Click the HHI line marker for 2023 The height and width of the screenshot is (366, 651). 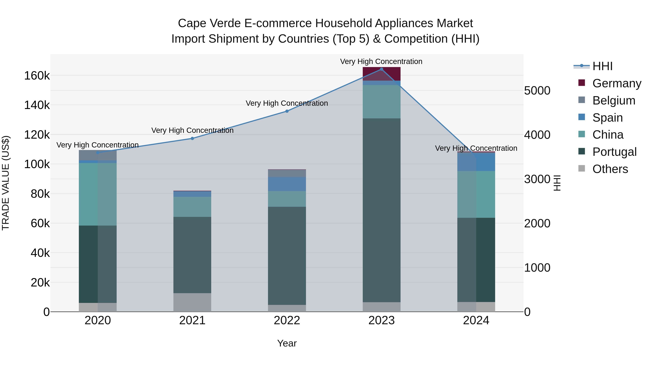click(x=381, y=69)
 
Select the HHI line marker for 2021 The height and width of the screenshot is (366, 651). click(x=192, y=138)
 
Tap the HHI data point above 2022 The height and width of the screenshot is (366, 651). click(x=287, y=111)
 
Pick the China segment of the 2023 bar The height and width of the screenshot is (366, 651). click(x=381, y=102)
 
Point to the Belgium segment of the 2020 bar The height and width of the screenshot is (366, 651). click(x=98, y=155)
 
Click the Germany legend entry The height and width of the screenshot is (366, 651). click(x=617, y=83)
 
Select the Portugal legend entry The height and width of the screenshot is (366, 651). click(x=614, y=152)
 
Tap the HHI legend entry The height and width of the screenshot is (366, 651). click(x=602, y=66)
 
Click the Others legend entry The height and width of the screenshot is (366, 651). click(x=610, y=169)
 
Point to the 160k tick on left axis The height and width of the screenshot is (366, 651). click(x=37, y=76)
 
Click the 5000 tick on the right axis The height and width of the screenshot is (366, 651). click(x=537, y=91)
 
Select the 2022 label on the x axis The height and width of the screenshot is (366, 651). click(x=287, y=320)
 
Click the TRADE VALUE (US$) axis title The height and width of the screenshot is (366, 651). click(x=6, y=183)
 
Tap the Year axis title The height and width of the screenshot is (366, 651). click(x=287, y=343)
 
